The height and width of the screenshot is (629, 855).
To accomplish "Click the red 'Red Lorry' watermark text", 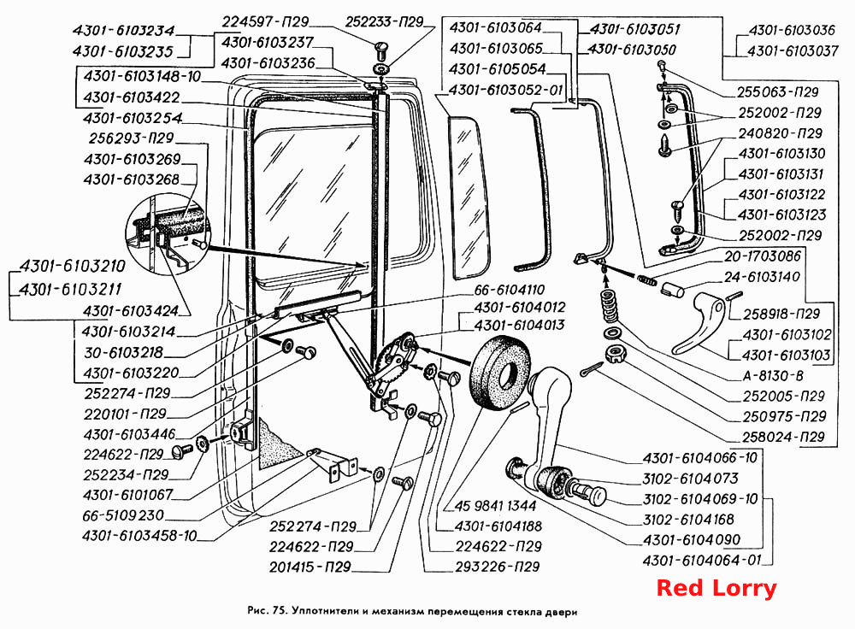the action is click(x=716, y=588).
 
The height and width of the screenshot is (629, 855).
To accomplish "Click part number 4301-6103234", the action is click(x=123, y=31).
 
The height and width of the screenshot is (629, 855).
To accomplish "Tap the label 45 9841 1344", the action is click(x=496, y=506).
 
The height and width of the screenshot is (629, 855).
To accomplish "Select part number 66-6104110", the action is click(x=510, y=290).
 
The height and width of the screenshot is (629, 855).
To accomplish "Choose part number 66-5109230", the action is click(x=123, y=515).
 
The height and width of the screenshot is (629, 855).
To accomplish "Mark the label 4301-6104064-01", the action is click(x=702, y=560).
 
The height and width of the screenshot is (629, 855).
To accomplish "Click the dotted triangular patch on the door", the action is click(x=278, y=443).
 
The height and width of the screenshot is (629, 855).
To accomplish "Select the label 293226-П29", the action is click(x=498, y=567).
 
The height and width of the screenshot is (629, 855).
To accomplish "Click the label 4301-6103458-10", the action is click(x=139, y=535).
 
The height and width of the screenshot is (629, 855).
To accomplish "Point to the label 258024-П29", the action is click(x=783, y=437).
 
